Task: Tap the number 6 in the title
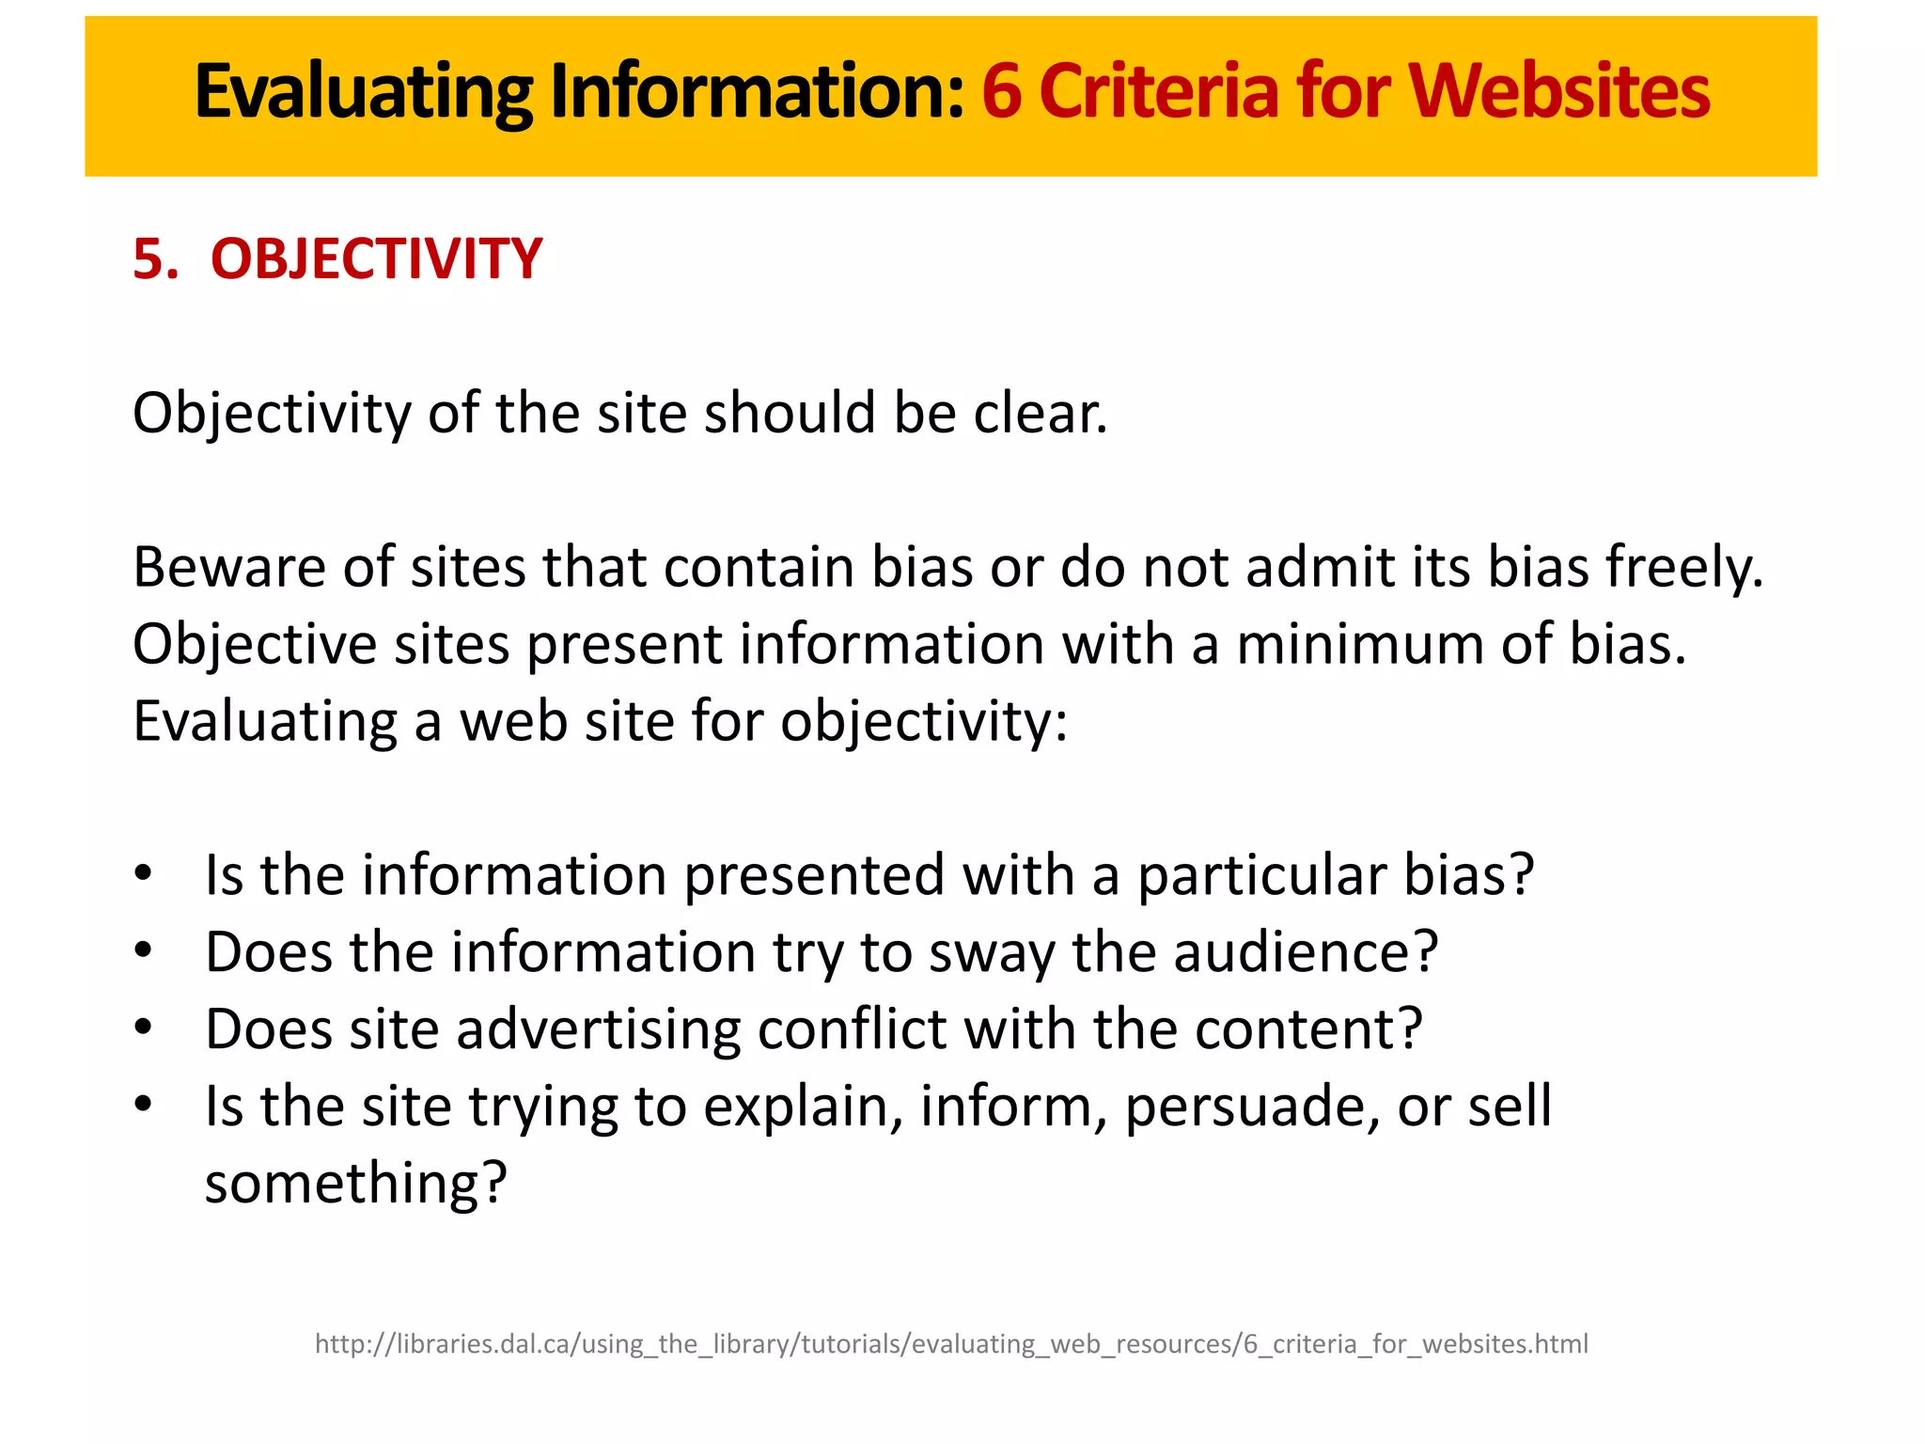point(1002,92)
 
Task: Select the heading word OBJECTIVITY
point(376,259)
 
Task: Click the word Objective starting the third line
point(255,645)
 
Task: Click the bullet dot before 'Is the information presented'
point(143,873)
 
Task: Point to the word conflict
point(852,1028)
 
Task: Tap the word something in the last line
point(355,1184)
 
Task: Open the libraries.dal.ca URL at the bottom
point(951,1344)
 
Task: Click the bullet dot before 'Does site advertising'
point(143,1028)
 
